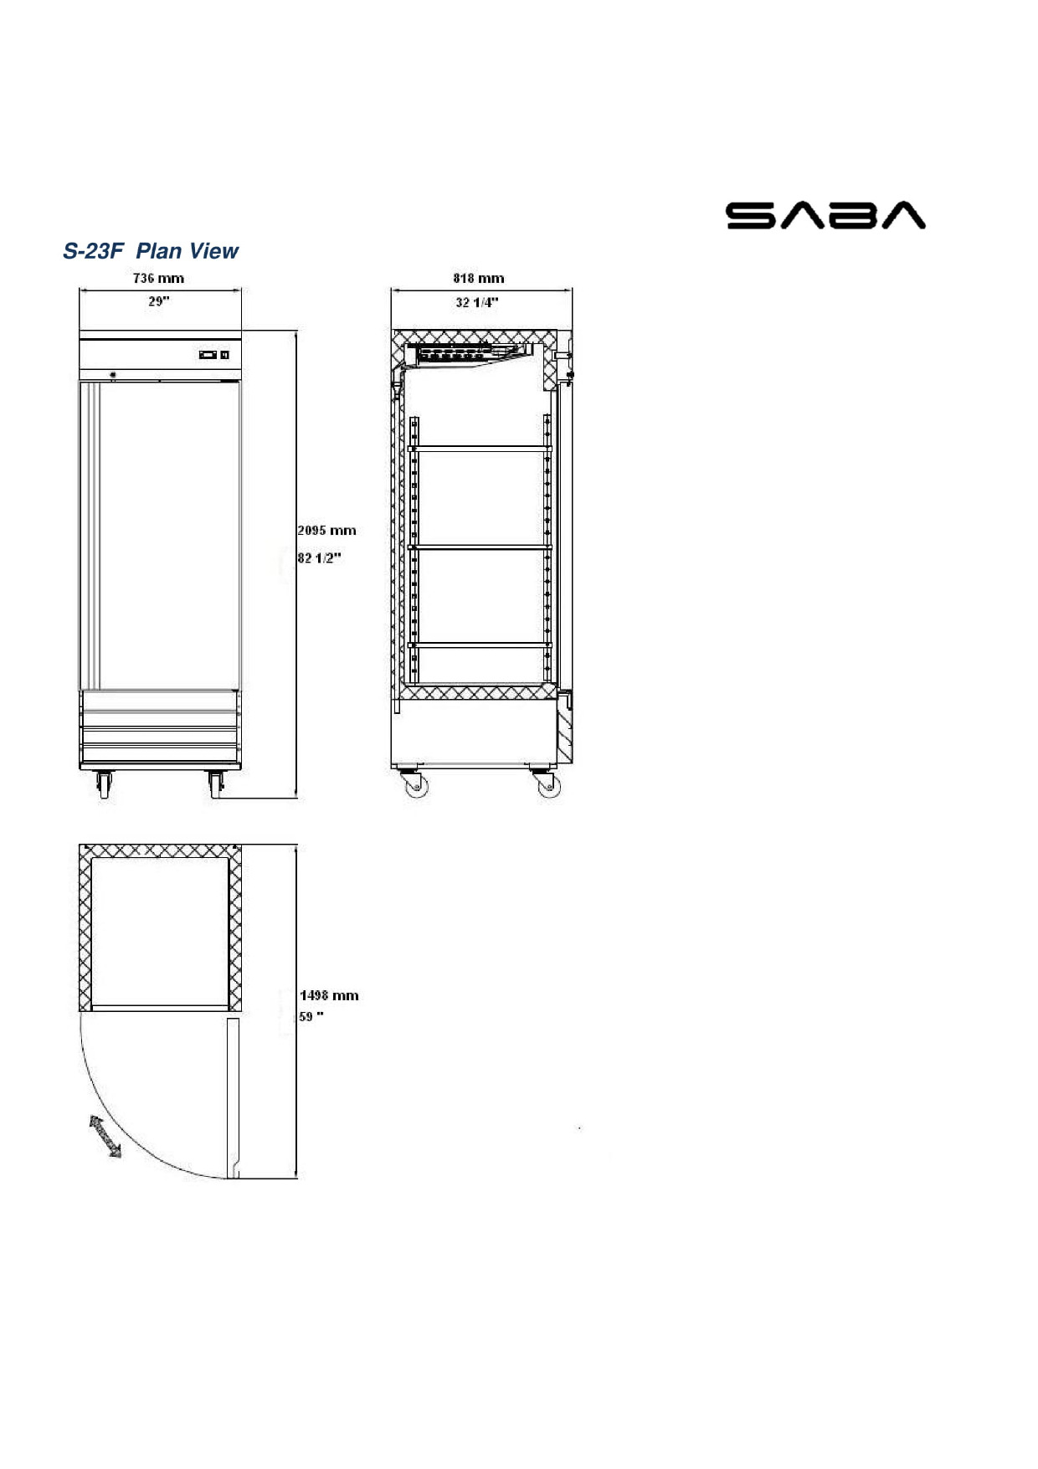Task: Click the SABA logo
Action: (825, 215)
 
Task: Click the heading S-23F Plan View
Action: (151, 251)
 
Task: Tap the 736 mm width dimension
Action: (158, 278)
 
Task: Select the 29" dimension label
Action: (159, 301)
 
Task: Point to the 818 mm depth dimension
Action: (479, 278)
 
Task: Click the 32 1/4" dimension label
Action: (477, 302)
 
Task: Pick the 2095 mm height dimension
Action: (327, 531)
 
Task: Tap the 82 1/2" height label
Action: (320, 558)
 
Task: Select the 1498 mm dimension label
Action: (329, 995)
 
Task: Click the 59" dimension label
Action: (311, 1017)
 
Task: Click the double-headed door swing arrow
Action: (105, 1137)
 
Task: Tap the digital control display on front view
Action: (213, 355)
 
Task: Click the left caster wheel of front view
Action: (104, 784)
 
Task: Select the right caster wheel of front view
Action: (216, 784)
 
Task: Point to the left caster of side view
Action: (414, 784)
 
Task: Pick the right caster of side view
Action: (547, 784)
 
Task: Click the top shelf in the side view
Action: (480, 448)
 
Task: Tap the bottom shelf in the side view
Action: (480, 645)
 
